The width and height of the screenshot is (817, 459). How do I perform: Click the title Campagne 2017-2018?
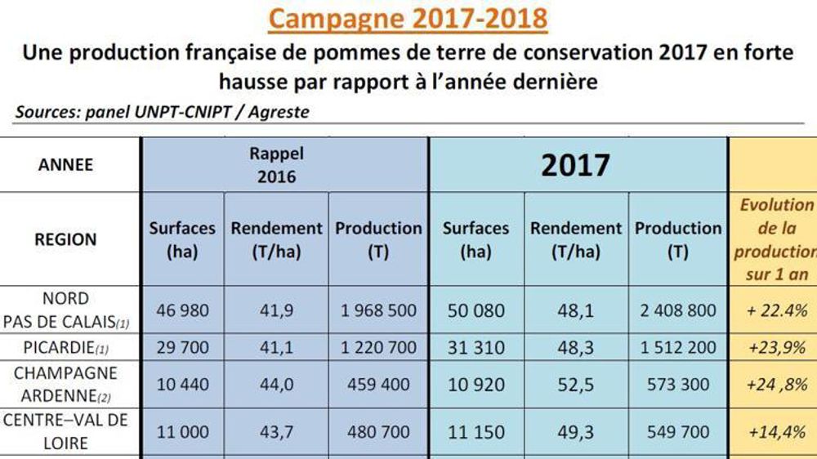pyautogui.click(x=407, y=18)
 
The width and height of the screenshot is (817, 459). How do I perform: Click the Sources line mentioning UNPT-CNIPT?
pyautogui.click(x=162, y=112)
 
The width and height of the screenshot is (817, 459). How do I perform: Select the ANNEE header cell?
pyautogui.click(x=65, y=164)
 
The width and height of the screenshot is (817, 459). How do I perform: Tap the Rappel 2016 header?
pyautogui.click(x=276, y=164)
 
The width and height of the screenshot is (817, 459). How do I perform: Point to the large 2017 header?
pyautogui.click(x=575, y=165)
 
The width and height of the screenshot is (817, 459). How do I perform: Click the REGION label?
pyautogui.click(x=65, y=239)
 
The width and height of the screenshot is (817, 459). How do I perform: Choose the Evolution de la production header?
pyautogui.click(x=775, y=238)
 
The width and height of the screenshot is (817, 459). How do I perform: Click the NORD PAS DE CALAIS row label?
pyautogui.click(x=65, y=310)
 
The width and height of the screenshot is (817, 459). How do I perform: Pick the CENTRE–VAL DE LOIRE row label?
pyautogui.click(x=65, y=432)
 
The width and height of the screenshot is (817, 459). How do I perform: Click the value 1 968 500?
pyautogui.click(x=378, y=311)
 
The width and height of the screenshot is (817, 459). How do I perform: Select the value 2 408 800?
pyautogui.click(x=678, y=311)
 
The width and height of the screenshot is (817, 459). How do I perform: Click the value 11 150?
pyautogui.click(x=475, y=432)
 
